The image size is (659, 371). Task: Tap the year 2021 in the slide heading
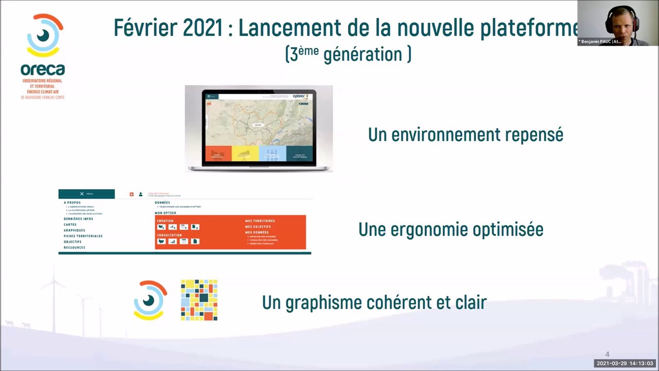click(202, 28)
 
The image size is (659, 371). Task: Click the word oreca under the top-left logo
click(43, 70)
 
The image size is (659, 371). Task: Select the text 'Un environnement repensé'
click(465, 135)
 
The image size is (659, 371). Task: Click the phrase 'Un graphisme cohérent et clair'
click(374, 302)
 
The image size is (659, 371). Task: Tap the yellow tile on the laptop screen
click(245, 154)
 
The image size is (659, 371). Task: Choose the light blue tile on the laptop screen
click(272, 154)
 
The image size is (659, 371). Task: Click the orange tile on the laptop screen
click(218, 154)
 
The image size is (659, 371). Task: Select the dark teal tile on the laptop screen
click(300, 154)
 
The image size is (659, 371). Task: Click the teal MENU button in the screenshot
click(86, 194)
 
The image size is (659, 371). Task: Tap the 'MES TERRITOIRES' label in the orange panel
click(260, 221)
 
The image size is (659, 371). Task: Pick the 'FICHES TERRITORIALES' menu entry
click(83, 236)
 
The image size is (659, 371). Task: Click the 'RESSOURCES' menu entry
click(75, 248)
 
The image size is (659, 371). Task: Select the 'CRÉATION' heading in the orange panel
click(165, 221)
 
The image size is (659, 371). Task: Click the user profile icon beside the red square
click(141, 194)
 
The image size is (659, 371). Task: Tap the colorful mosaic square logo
click(199, 300)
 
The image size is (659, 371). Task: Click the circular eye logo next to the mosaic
click(150, 300)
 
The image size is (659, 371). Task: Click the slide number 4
click(608, 355)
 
